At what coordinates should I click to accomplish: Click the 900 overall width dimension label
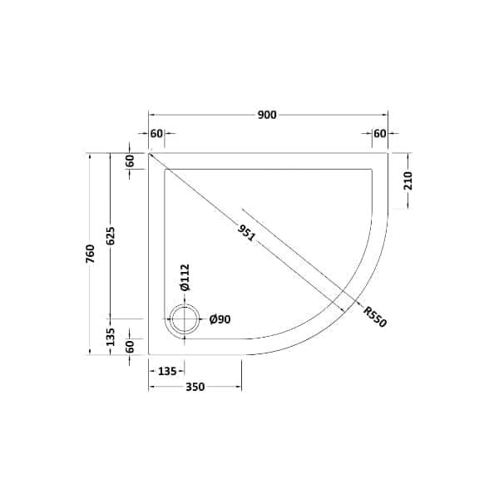tap(267, 115)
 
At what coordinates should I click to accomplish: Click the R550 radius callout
tap(374, 317)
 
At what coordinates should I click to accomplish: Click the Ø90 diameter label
tap(220, 319)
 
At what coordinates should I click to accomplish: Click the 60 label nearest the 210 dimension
tap(379, 134)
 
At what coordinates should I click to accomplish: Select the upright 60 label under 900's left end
tap(156, 134)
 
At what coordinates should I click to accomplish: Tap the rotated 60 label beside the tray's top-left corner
tap(129, 161)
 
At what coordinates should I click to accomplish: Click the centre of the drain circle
tap(184, 319)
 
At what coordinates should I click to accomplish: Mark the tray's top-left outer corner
tap(150, 153)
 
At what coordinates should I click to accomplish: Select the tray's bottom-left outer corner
tap(150, 354)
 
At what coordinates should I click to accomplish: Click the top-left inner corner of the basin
tap(166, 170)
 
